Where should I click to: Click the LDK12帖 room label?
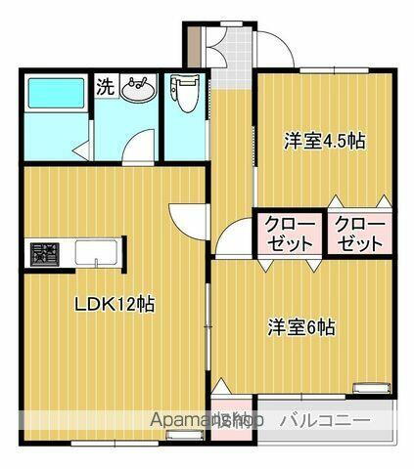click(x=115, y=304)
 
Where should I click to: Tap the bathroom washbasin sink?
click(x=137, y=89)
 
